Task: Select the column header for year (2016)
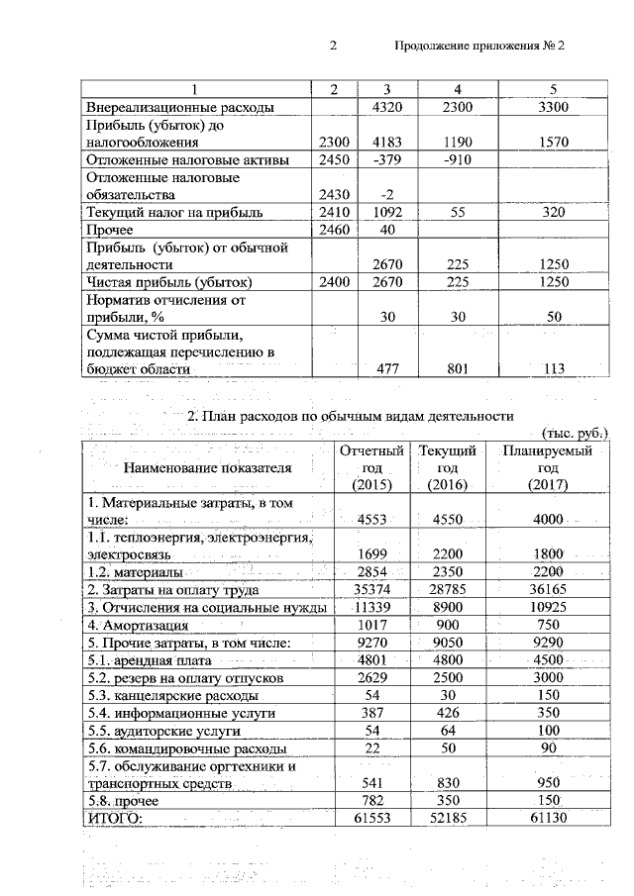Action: coord(446,466)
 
